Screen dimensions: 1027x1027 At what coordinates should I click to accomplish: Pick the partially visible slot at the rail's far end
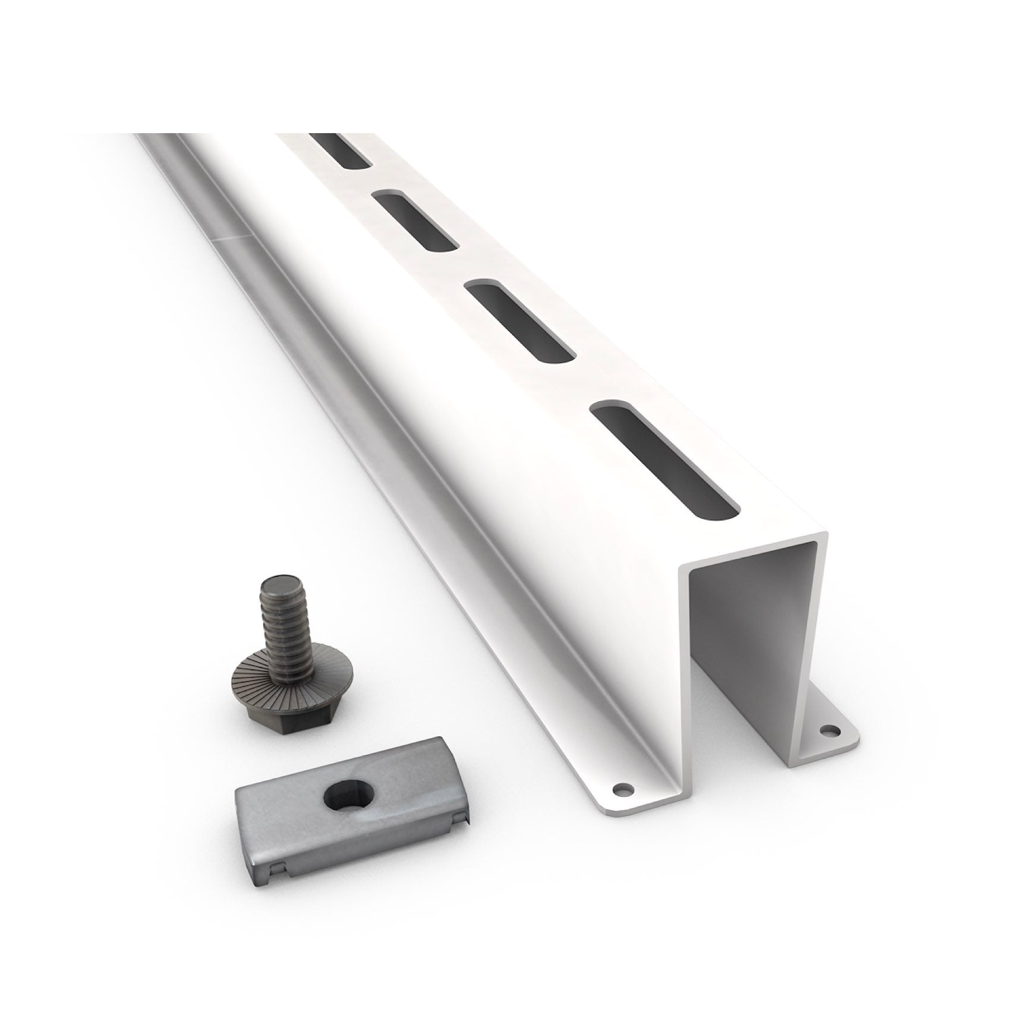(x=341, y=149)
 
